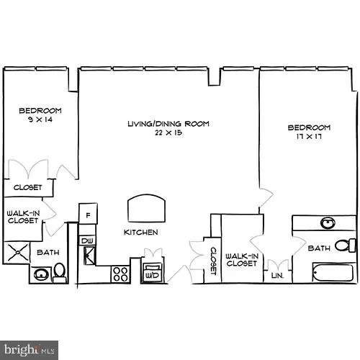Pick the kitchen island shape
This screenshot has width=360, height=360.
[x=146, y=209]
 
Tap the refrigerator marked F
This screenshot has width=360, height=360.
[x=88, y=215]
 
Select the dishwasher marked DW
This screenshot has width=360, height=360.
[x=87, y=240]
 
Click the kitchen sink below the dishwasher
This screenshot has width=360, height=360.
[x=89, y=253]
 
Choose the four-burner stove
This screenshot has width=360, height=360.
[x=120, y=274]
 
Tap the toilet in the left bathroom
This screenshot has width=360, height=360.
[x=60, y=271]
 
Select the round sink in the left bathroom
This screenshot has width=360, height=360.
[x=41, y=274]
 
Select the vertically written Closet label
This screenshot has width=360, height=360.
[x=213, y=259]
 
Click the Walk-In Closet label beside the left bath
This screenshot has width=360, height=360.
[x=23, y=217]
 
